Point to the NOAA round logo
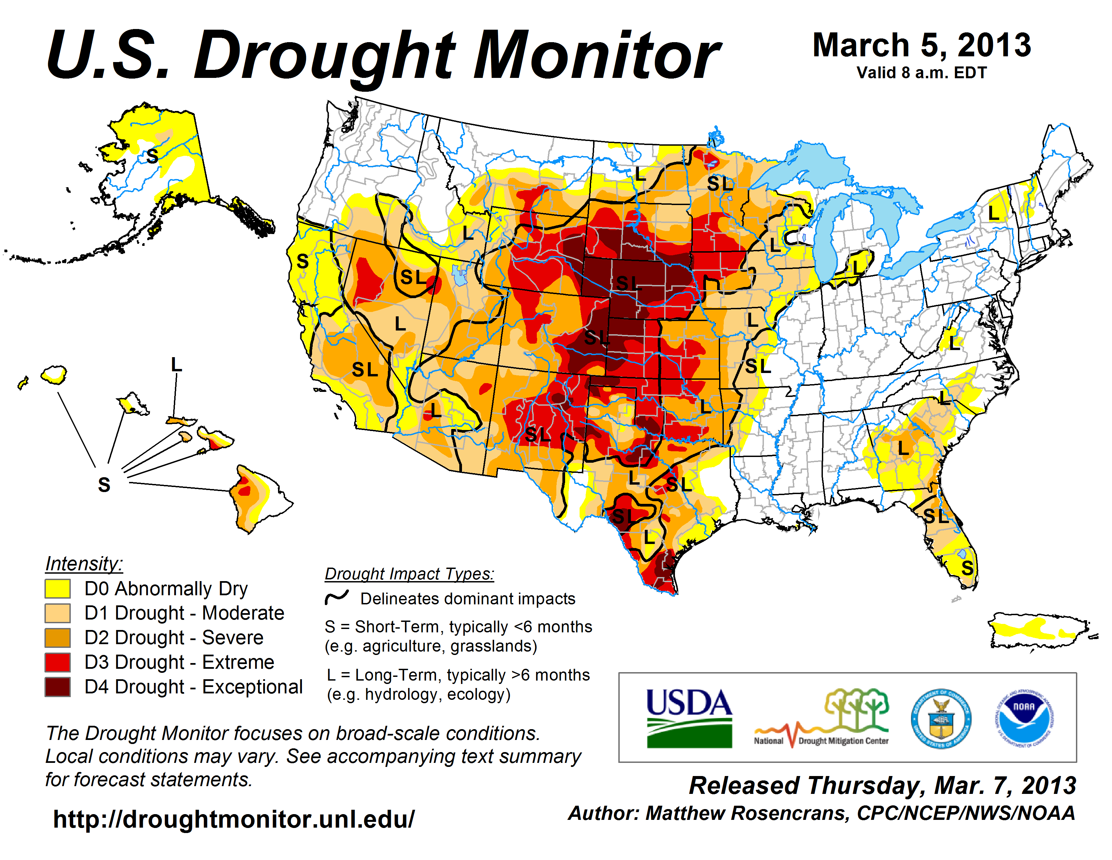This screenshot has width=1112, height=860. pos(1024,718)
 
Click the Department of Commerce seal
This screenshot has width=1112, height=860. pos(941,718)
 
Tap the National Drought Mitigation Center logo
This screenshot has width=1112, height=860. pos(821,718)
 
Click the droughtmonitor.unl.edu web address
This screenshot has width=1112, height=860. pos(234,819)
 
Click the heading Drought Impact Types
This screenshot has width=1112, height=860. pos(409,574)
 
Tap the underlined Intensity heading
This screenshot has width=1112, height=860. pos(84,564)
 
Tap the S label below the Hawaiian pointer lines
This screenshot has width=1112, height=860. pos(104,485)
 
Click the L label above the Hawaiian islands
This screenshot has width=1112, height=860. pos(176,365)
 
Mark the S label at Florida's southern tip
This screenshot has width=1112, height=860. pos(967,568)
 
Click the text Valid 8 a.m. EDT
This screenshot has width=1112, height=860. pos(922,73)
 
